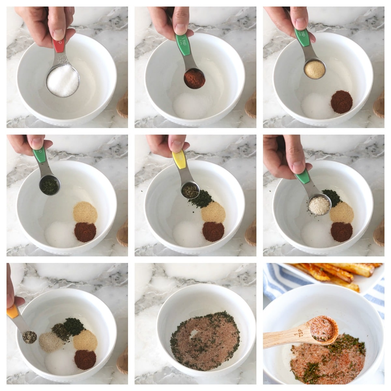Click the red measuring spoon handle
[59, 45]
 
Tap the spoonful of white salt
[63, 80]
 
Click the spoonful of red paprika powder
[195, 79]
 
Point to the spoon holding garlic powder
[314, 69]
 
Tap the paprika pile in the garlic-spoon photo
[341, 102]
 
